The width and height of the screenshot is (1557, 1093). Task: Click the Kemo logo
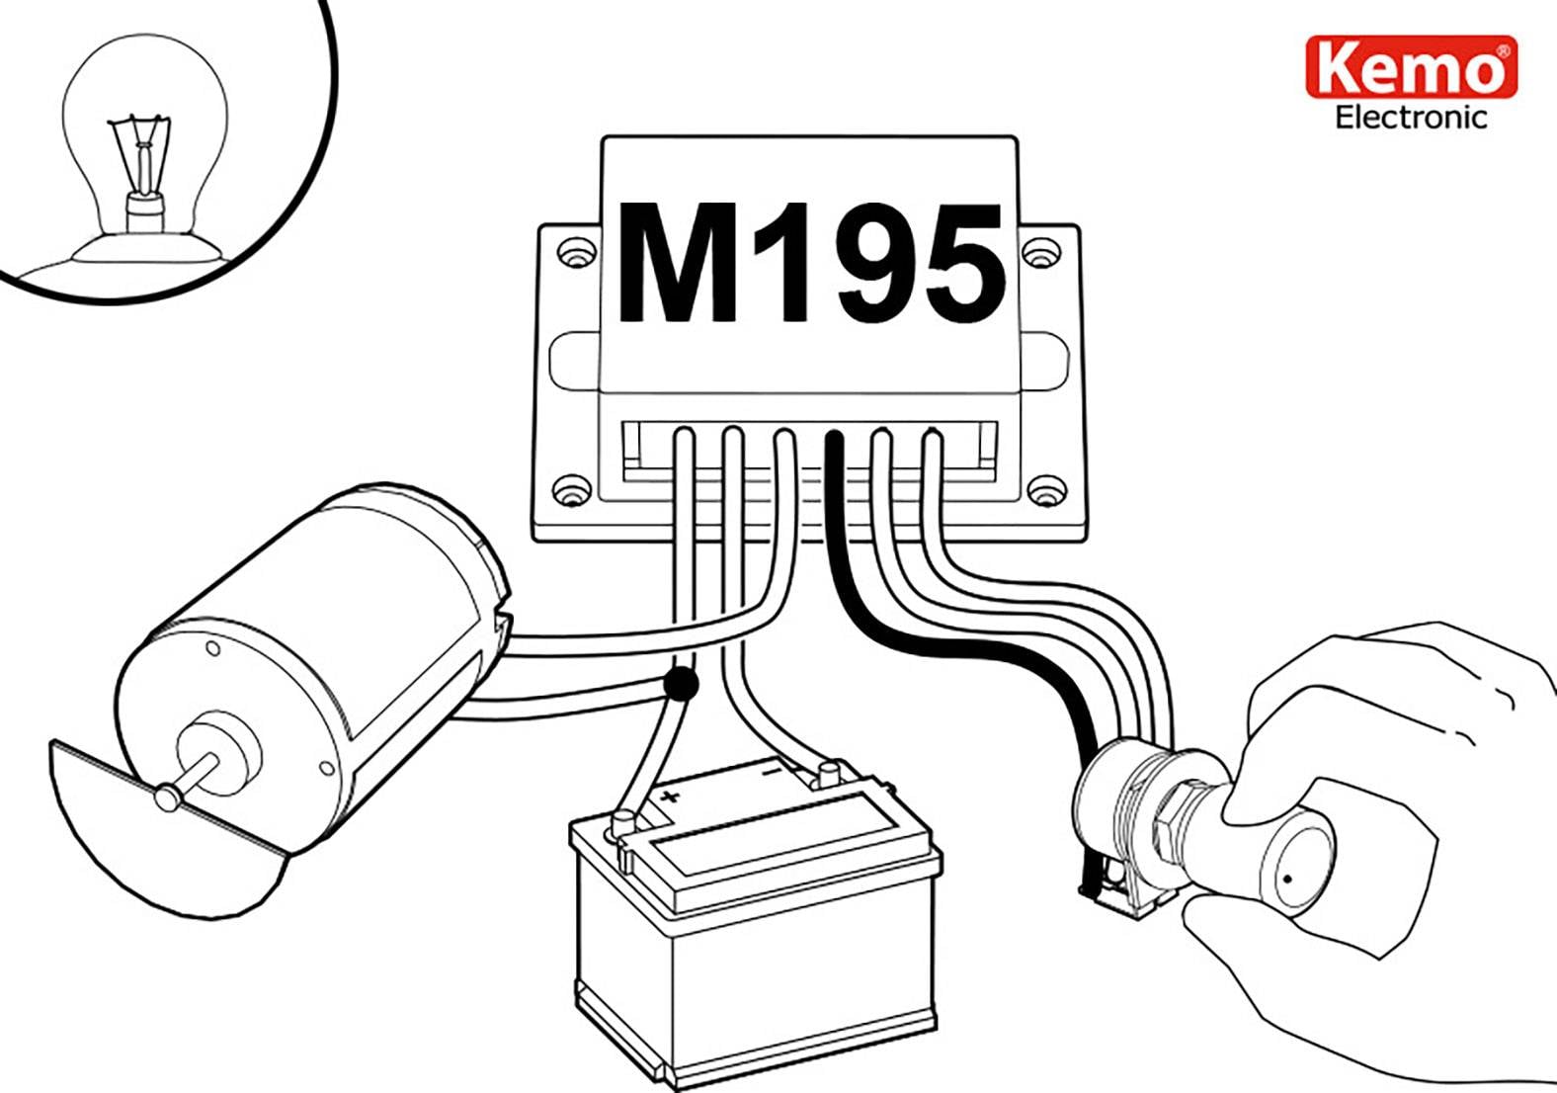1410,67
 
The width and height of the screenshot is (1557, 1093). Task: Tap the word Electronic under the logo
1410,118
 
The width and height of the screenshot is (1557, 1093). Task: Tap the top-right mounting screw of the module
1035,252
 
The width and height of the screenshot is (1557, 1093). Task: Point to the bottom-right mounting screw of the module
1046,488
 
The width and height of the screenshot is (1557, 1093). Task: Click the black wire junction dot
681,684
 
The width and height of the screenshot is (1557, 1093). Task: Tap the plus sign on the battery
671,796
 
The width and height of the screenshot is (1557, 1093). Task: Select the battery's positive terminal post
623,821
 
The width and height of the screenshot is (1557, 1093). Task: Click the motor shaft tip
166,796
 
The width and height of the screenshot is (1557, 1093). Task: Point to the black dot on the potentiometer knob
1287,879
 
